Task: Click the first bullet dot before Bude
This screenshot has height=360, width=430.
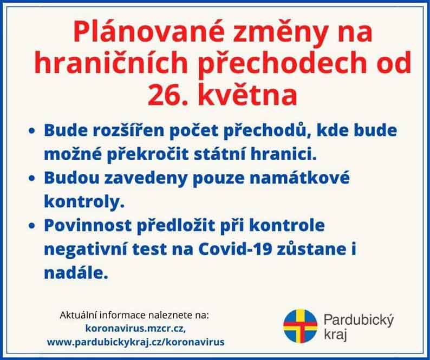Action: tap(32, 131)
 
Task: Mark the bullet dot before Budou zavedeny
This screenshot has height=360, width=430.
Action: tap(32, 178)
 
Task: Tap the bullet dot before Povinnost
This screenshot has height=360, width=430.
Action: tap(32, 226)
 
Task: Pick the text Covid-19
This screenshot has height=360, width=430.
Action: tap(235, 249)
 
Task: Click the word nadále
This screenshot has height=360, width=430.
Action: tap(76, 272)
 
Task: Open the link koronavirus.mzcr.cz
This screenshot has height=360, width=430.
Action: tap(136, 328)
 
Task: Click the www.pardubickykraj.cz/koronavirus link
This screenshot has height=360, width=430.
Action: tap(136, 342)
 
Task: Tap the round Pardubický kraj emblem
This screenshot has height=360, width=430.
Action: tap(300, 326)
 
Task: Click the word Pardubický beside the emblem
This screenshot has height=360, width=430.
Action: tap(359, 320)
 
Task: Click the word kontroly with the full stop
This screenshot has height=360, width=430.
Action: tap(84, 201)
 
